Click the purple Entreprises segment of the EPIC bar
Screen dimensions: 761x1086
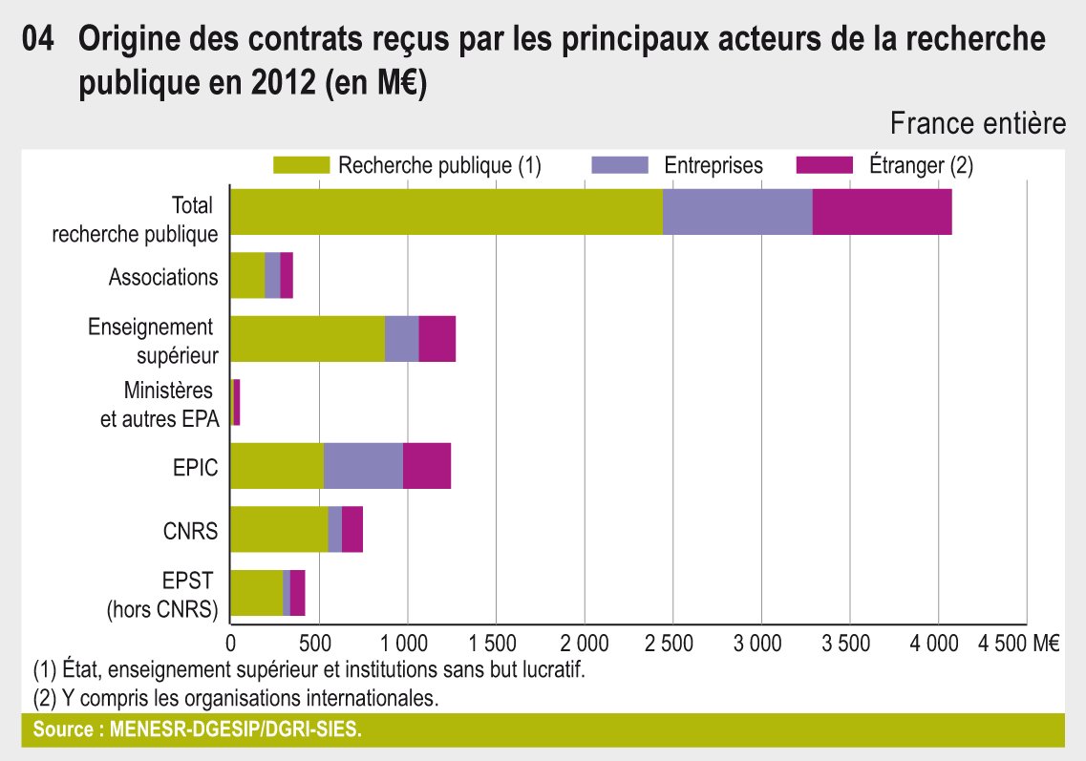[363, 466]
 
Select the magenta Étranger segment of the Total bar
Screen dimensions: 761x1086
[882, 212]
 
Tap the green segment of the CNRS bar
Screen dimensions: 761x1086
[279, 529]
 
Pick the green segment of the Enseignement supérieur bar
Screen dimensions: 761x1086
[308, 339]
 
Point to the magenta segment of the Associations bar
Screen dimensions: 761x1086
[287, 276]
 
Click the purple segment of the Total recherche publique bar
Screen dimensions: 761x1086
[737, 212]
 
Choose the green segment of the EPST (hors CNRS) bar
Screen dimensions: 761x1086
[257, 593]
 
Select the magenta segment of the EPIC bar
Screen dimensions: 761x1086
[427, 466]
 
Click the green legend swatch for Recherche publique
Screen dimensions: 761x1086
[301, 165]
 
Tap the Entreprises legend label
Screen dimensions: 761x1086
[713, 165]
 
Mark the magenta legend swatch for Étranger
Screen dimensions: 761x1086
[823, 165]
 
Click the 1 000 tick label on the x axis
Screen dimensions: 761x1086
[408, 643]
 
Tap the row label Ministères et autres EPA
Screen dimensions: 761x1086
[160, 404]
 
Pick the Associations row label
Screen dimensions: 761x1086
[163, 277]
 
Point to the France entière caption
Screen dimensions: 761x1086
[978, 123]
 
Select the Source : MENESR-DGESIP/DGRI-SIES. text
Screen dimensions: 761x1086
[198, 730]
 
